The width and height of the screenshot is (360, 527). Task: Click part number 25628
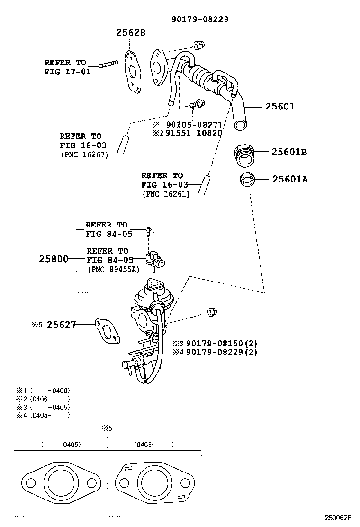coord(131,33)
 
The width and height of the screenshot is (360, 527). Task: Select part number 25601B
coord(289,152)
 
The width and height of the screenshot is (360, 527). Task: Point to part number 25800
coord(54,259)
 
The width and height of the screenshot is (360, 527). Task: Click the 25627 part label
coord(61,325)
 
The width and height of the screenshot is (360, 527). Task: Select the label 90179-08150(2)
coord(222,343)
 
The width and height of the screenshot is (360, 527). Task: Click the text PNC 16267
coord(84,154)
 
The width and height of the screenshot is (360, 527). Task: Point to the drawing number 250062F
coord(340,518)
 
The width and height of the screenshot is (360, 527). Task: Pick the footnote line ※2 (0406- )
coord(43,399)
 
